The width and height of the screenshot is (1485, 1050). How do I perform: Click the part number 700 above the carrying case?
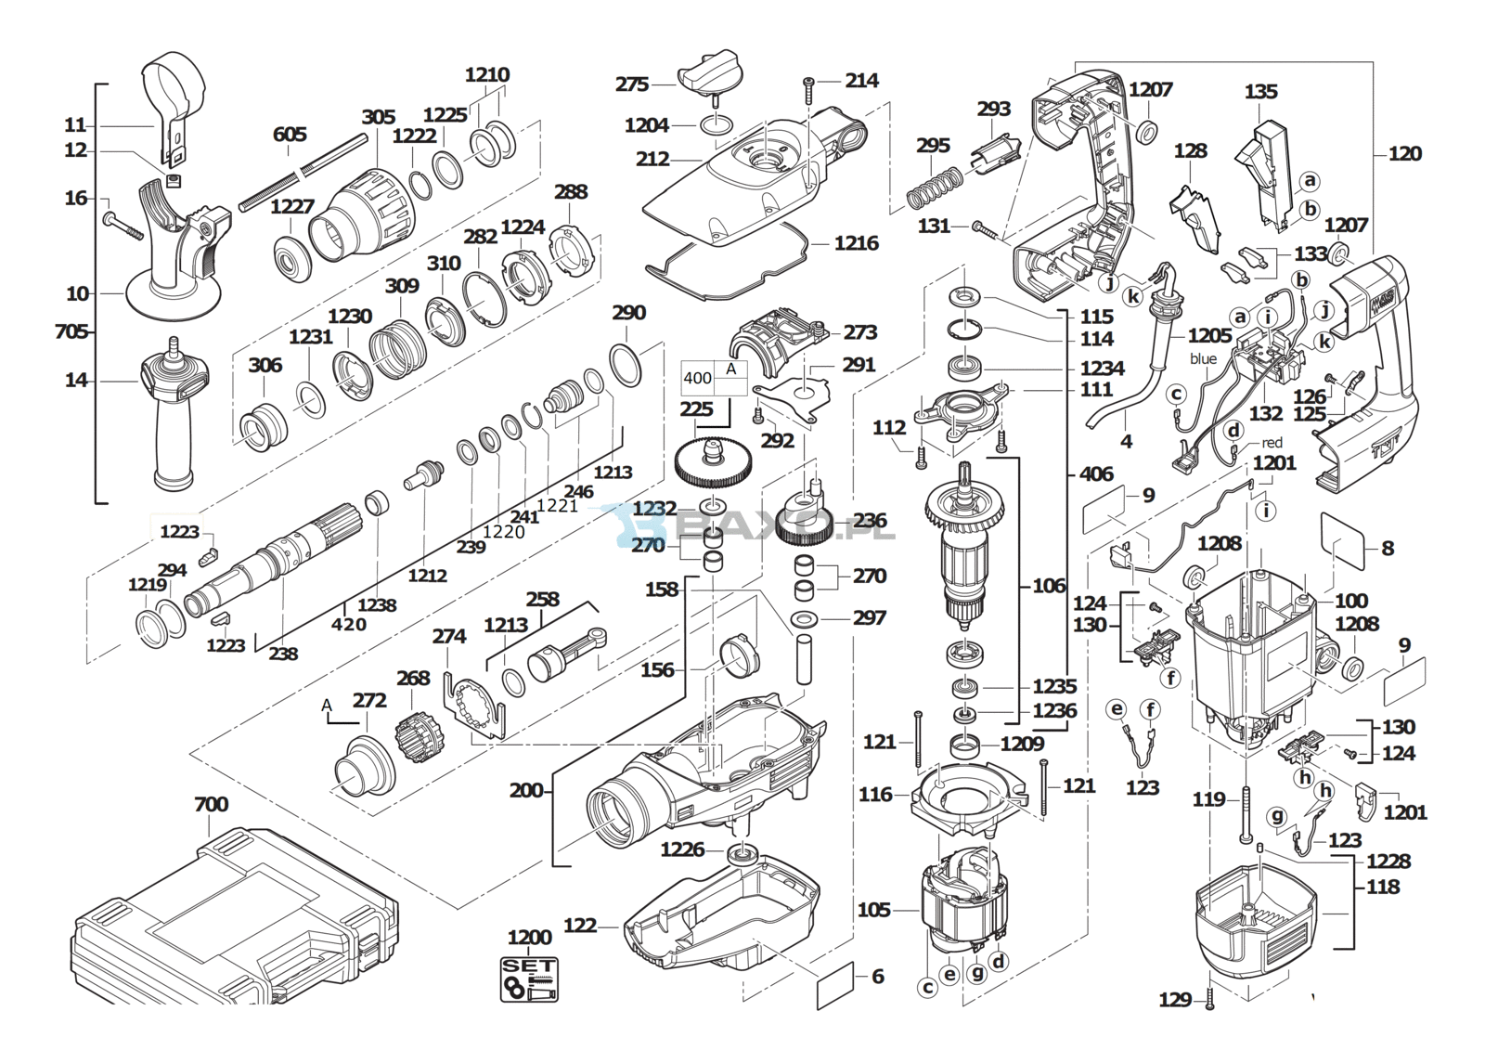(x=212, y=805)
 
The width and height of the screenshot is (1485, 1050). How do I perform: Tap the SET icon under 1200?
(x=530, y=979)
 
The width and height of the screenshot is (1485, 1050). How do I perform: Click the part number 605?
(x=290, y=136)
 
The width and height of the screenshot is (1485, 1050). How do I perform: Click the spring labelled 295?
(x=932, y=186)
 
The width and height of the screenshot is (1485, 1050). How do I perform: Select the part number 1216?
(x=856, y=243)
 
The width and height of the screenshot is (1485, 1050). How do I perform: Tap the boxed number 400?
(x=698, y=379)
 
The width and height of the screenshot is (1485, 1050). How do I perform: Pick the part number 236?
(x=871, y=521)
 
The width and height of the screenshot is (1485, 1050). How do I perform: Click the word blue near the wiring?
(x=1203, y=359)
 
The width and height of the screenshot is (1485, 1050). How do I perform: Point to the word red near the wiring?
(x=1271, y=443)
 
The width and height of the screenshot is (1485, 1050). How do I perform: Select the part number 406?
(x=1096, y=474)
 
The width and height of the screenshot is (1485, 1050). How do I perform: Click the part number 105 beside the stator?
(x=873, y=910)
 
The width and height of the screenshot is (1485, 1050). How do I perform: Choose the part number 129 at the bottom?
(x=1175, y=1000)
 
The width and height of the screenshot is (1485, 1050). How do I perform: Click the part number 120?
(x=1404, y=154)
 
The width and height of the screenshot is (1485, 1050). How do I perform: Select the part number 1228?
(x=1388, y=862)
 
